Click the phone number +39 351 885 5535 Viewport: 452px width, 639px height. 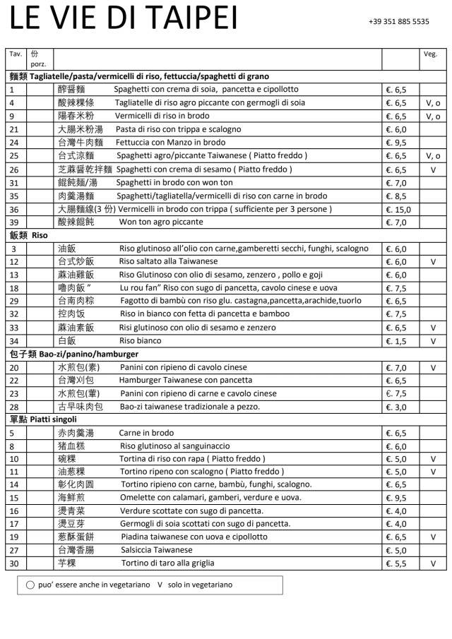[398, 22]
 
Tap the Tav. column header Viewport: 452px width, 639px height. [15, 54]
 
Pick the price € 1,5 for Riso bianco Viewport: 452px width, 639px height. [396, 341]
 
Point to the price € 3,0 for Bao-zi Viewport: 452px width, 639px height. [396, 407]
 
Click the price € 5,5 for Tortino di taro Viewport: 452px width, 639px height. [396, 563]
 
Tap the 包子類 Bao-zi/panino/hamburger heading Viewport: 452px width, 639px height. [73, 354]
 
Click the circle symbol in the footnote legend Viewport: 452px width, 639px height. [30, 585]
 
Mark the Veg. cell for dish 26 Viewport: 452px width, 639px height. [432, 169]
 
